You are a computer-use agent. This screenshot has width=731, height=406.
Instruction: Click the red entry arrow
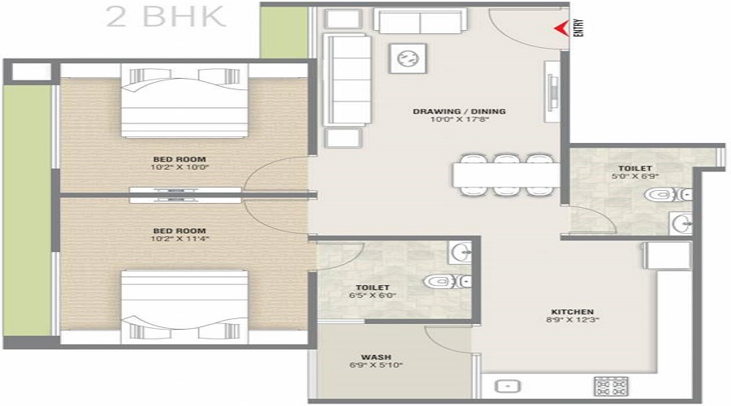click(560, 29)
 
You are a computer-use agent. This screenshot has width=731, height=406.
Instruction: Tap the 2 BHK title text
click(167, 17)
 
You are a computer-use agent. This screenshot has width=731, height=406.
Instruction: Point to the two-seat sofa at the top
click(419, 22)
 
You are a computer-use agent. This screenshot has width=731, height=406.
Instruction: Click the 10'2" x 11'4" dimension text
click(178, 239)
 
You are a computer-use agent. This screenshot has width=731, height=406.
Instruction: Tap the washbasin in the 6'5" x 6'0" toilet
click(460, 250)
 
